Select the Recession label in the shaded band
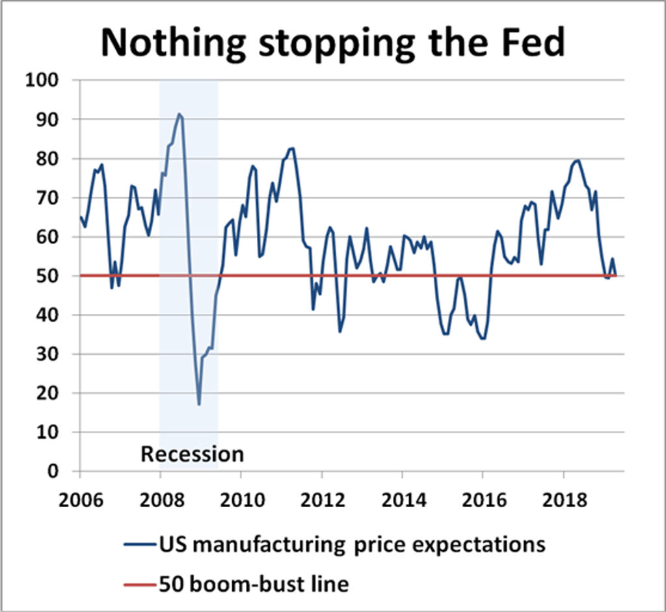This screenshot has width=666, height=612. pyautogui.click(x=193, y=453)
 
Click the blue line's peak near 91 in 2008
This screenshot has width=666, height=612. pyautogui.click(x=179, y=115)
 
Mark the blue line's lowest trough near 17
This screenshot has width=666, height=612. pyautogui.click(x=199, y=404)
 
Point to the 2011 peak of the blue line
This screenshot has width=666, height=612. pyautogui.click(x=291, y=148)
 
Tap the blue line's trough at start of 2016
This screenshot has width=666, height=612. pyautogui.click(x=482, y=338)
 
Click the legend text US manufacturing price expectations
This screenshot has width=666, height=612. pyautogui.click(x=352, y=544)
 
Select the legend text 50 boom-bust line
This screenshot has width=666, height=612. pyautogui.click(x=254, y=584)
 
